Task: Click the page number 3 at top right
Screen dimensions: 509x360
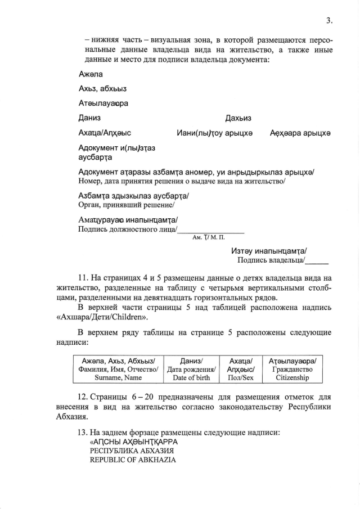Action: pos(330,21)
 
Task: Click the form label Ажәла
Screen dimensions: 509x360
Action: pos(91,74)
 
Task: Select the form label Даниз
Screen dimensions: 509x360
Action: pos(90,118)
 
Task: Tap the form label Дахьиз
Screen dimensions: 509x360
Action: pos(238,118)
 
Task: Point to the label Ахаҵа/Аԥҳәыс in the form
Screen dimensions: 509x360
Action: pos(105,133)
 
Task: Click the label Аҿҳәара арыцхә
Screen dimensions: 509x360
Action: pos(300,133)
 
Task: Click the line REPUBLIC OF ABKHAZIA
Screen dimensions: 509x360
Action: pos(133,460)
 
